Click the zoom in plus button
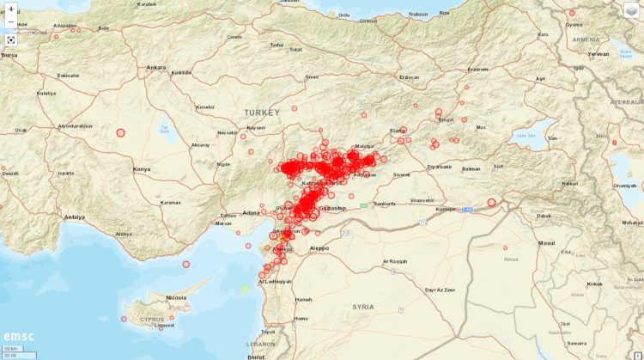click(11, 9)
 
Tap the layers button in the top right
click(631, 10)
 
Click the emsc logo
click(18, 336)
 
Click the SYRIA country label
click(363, 306)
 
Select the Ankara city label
click(155, 67)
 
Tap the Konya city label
click(141, 169)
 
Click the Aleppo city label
click(319, 247)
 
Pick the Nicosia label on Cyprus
click(177, 298)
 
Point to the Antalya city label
click(75, 217)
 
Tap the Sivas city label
click(313, 77)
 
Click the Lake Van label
click(525, 135)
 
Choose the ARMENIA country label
click(586, 40)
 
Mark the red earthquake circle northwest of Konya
click(120, 132)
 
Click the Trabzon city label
click(418, 14)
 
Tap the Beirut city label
click(255, 355)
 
